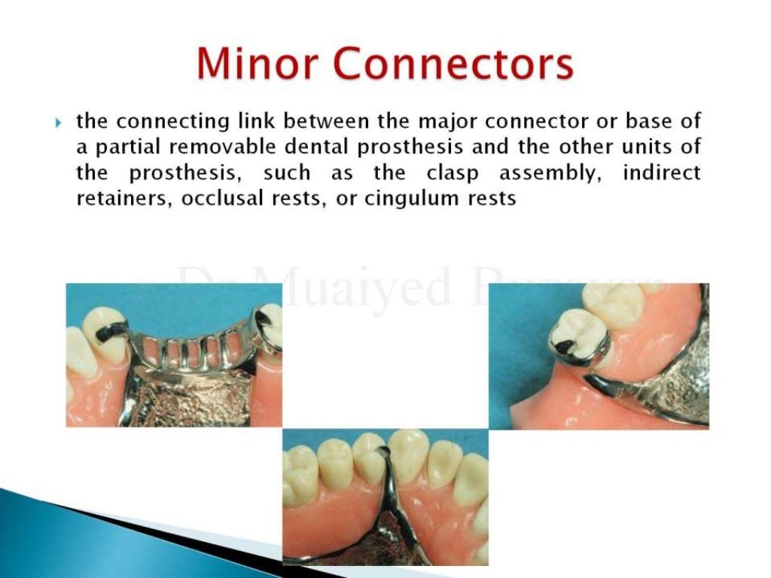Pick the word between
pyautogui.click(x=328, y=122)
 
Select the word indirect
pyautogui.click(x=661, y=173)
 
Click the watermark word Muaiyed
pyautogui.click(x=354, y=286)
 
